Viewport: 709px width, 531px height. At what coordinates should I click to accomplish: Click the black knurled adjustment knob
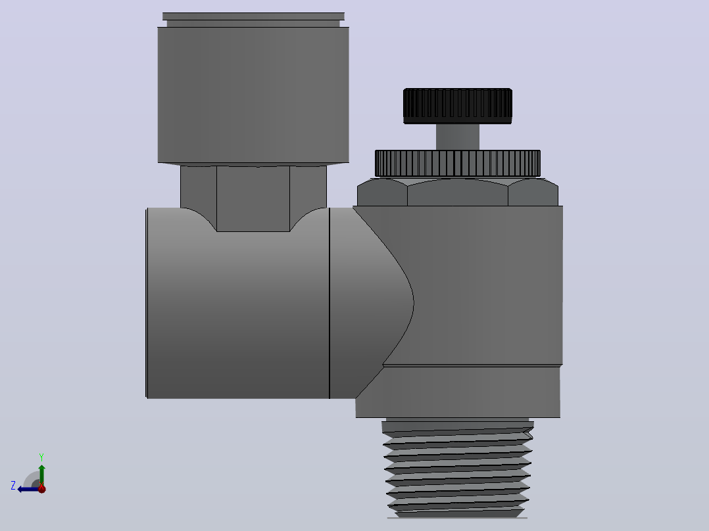(458, 106)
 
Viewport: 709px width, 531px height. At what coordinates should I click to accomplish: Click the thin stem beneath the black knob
(458, 137)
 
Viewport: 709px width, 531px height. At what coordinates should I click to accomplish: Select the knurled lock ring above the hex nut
(458, 163)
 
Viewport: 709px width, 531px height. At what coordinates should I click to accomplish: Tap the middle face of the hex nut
(458, 193)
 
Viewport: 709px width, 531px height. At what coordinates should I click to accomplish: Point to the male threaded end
(458, 469)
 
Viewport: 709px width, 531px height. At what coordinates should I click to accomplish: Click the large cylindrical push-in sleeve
(253, 95)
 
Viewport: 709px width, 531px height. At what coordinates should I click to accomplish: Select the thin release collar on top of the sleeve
(253, 20)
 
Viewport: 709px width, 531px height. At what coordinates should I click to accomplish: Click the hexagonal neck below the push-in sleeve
(253, 198)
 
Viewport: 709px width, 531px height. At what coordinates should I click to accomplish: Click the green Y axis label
(41, 457)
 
